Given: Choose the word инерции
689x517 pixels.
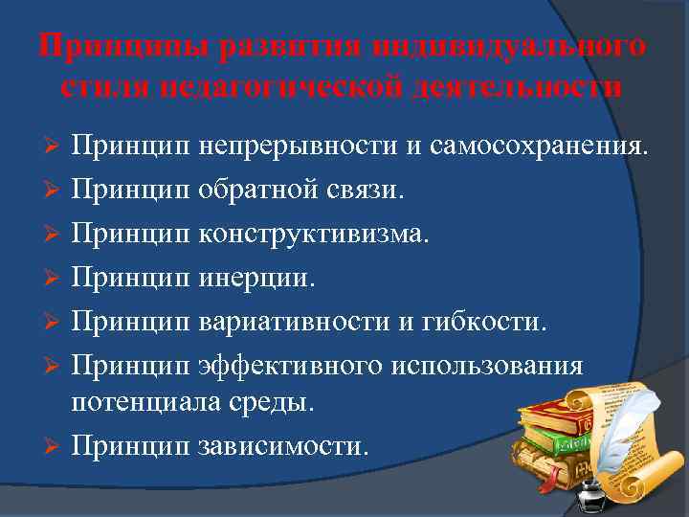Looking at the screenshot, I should pos(255,279).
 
